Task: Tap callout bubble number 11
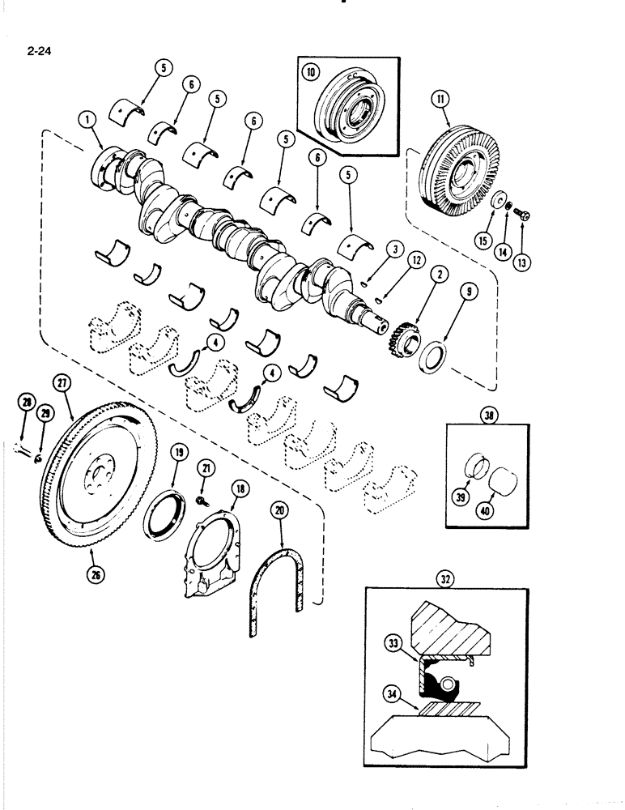pos(439,100)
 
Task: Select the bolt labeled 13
pos(522,216)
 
